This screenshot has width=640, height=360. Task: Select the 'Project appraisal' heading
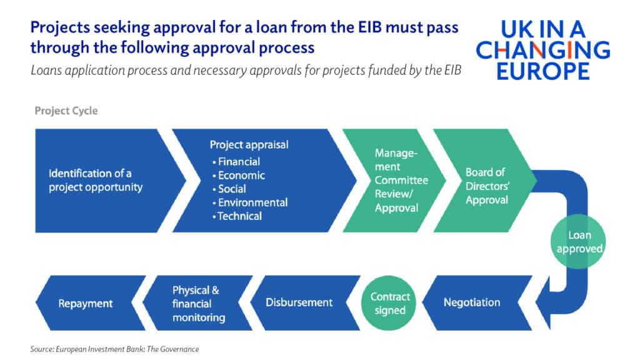(249, 144)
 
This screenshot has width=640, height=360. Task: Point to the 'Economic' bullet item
(241, 176)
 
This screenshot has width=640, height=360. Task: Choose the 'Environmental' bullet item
(252, 202)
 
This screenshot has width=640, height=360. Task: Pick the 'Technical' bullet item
(239, 216)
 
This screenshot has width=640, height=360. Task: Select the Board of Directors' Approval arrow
(486, 186)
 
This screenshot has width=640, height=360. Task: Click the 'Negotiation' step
(472, 302)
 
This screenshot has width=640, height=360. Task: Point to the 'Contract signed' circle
(390, 303)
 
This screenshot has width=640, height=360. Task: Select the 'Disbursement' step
(299, 302)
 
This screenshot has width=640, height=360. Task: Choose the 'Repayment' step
(86, 304)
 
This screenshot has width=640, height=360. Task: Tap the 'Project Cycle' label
(66, 111)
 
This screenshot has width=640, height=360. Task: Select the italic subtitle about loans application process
(246, 70)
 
